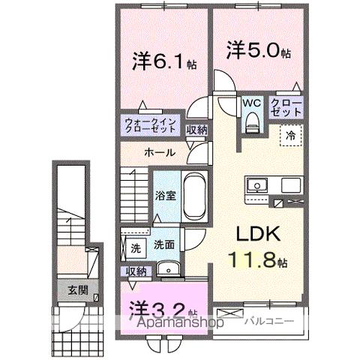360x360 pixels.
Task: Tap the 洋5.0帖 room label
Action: tap(258, 50)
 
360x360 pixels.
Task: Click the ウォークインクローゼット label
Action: tap(151, 124)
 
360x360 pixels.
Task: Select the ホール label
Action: tap(160, 152)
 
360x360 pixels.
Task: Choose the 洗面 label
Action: tap(164, 244)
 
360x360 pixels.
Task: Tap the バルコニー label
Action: tap(267, 321)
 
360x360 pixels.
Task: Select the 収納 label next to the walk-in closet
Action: tap(196, 130)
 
